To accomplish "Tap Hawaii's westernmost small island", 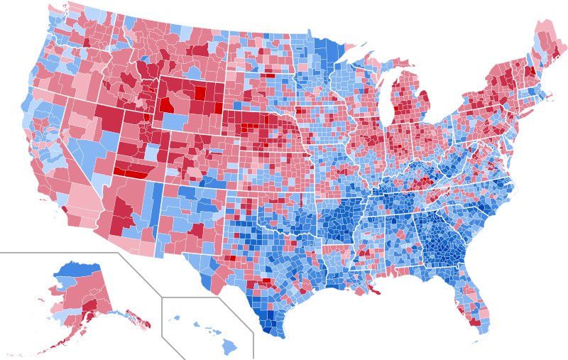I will pyautogui.click(x=176, y=318).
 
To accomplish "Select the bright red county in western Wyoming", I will pyautogui.click(x=166, y=105).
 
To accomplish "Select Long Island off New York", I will pyautogui.click(x=529, y=121).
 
